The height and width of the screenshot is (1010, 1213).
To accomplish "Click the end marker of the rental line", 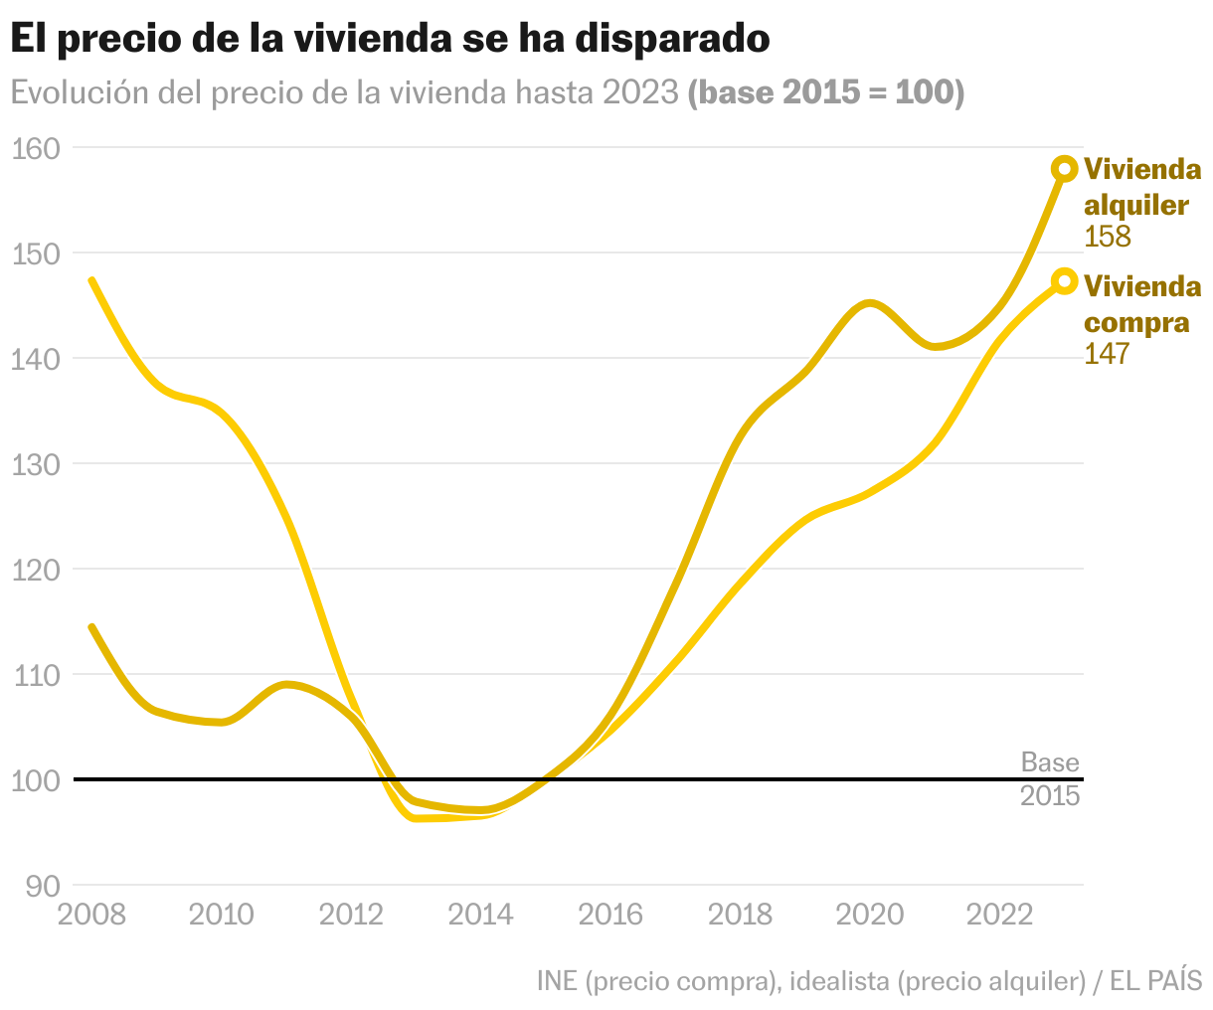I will [1065, 169].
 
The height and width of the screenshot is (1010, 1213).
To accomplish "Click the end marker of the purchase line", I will [1065, 281].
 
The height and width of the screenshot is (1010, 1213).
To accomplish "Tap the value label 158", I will [1108, 237].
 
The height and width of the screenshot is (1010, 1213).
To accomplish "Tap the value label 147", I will [1107, 353].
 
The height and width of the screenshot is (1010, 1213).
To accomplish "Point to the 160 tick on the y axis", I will [35, 148].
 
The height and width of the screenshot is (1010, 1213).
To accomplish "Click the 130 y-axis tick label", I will [35, 463].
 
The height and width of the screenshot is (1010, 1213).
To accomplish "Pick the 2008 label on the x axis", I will [92, 915].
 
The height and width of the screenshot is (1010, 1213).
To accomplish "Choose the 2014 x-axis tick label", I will [481, 915].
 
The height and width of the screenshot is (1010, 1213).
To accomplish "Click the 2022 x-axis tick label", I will [1000, 915].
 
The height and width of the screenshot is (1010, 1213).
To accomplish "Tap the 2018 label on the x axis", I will [741, 915].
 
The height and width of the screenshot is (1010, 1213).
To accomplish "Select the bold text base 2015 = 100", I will [826, 92].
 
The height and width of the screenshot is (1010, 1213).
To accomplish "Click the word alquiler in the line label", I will [1136, 205].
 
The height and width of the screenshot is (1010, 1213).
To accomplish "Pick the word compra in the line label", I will [1136, 322].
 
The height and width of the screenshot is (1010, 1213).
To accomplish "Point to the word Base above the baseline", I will [1050, 762].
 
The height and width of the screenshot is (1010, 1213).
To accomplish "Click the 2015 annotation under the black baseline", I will [1050, 796].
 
